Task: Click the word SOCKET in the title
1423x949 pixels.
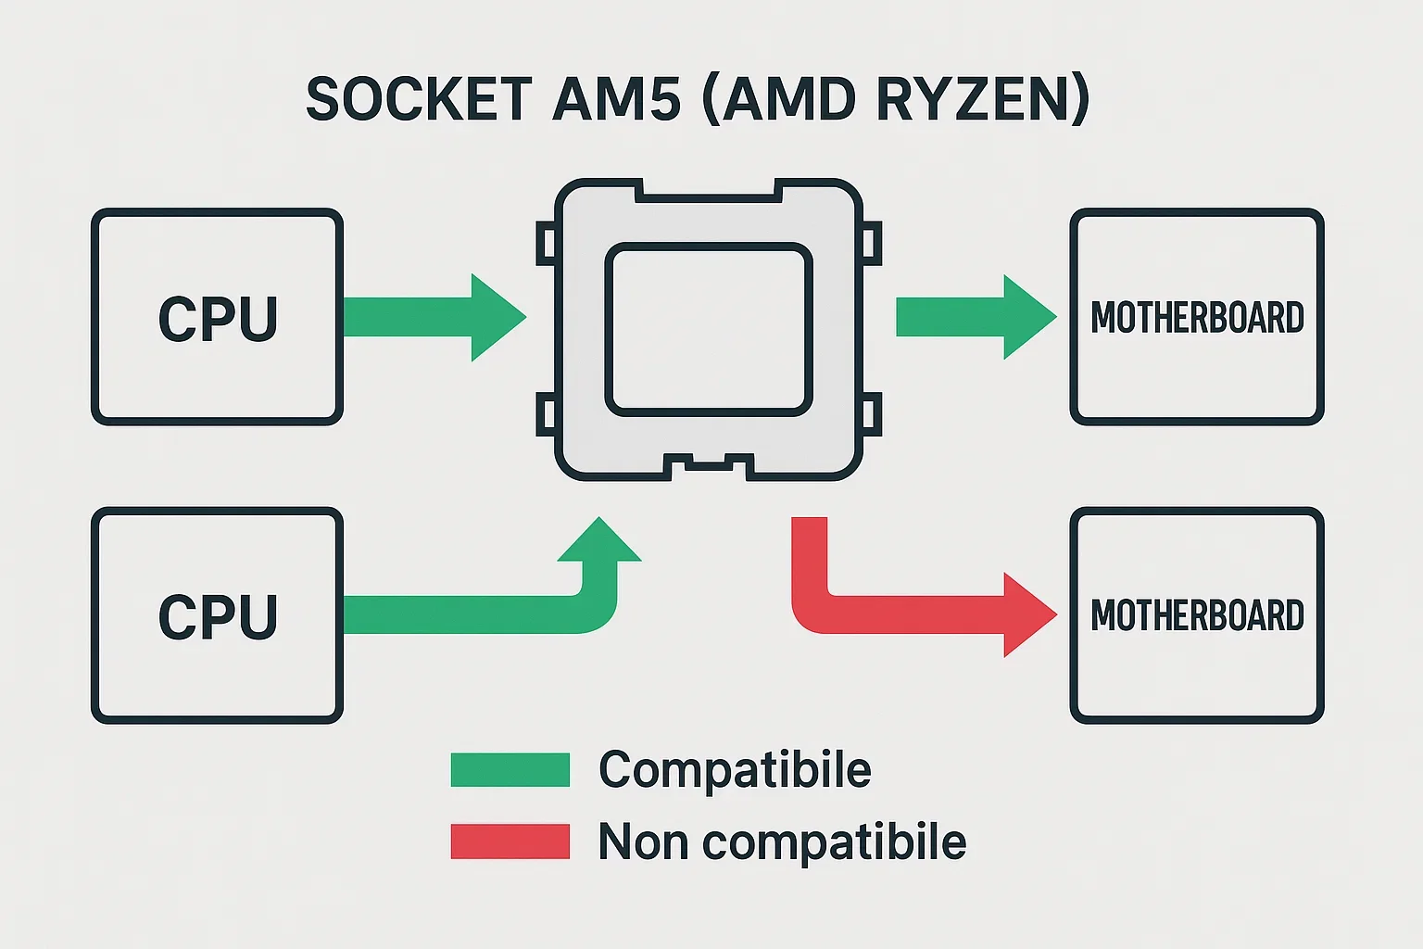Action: (x=419, y=99)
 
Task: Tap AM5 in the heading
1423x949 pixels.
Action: (x=616, y=99)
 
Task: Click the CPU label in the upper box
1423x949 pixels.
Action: (x=218, y=320)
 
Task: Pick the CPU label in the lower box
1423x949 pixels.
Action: (x=218, y=617)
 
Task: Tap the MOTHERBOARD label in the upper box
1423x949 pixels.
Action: (x=1197, y=318)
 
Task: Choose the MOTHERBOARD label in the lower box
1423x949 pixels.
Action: (x=1197, y=615)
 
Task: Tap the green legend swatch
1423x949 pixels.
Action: (x=510, y=770)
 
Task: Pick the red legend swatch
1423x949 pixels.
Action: (x=510, y=841)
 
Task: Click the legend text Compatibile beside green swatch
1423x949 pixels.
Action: (x=735, y=769)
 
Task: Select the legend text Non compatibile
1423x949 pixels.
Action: (x=782, y=841)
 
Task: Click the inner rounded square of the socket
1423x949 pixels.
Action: (x=709, y=329)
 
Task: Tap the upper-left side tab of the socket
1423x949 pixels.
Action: (x=546, y=244)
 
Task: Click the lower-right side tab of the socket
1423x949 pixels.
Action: (x=872, y=414)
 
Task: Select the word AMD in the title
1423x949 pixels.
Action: (x=789, y=99)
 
